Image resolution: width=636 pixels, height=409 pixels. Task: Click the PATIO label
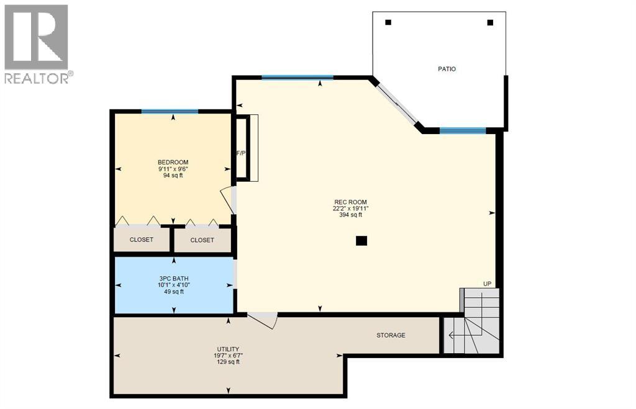(x=447, y=69)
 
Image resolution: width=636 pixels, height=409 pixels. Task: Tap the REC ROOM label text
(x=350, y=202)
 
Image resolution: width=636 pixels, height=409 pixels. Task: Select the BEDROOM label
(x=173, y=163)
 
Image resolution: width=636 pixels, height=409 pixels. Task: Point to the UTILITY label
(x=229, y=349)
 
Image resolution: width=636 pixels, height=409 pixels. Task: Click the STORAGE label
(x=391, y=335)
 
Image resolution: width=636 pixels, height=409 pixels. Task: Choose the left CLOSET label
(x=142, y=240)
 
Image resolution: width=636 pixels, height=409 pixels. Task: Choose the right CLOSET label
(x=202, y=240)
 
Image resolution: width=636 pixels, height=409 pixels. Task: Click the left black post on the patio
(x=388, y=22)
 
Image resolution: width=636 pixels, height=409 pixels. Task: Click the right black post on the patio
(x=490, y=22)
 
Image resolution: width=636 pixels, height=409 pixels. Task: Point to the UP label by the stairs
(x=488, y=284)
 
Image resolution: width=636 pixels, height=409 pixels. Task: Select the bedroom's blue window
(x=170, y=112)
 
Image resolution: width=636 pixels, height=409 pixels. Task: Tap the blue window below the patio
(x=463, y=130)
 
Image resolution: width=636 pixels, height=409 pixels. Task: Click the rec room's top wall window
(x=297, y=78)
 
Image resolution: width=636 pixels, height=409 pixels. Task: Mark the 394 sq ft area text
(x=350, y=215)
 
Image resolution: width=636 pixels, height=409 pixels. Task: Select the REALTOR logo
(x=37, y=44)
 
